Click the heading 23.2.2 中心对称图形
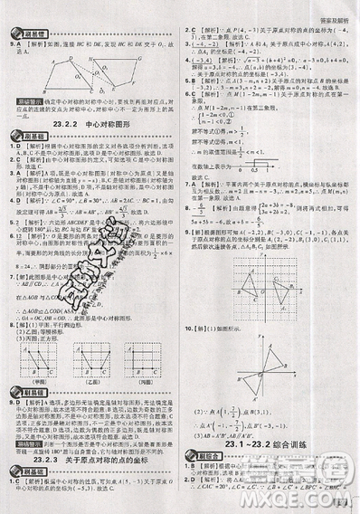tap(90, 123)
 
